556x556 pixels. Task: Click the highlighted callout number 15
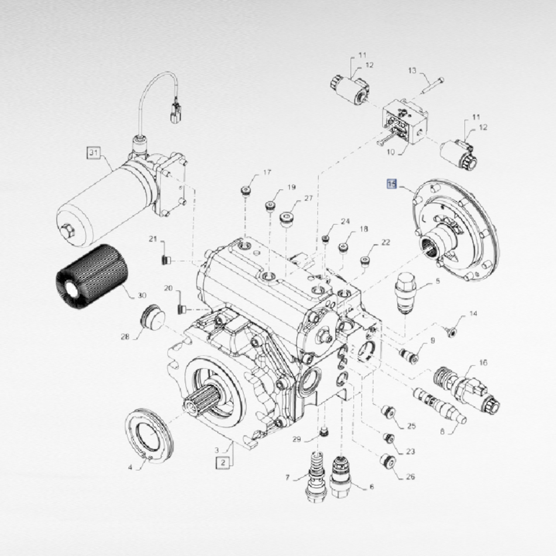pyautogui.click(x=392, y=184)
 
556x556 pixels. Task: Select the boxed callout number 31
pyautogui.click(x=93, y=153)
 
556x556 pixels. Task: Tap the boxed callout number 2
pyautogui.click(x=223, y=462)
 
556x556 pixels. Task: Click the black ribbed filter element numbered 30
pyautogui.click(x=92, y=276)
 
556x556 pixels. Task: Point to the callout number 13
pyautogui.click(x=411, y=70)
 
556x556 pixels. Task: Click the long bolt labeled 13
pyautogui.click(x=433, y=85)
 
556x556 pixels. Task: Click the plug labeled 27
pyautogui.click(x=287, y=220)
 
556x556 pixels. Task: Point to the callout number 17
pyautogui.click(x=267, y=172)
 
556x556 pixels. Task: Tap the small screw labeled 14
pyautogui.click(x=451, y=332)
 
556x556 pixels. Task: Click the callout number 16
pyautogui.click(x=483, y=362)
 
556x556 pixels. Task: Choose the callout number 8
pyautogui.click(x=442, y=432)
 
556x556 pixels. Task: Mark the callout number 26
pyautogui.click(x=410, y=476)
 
